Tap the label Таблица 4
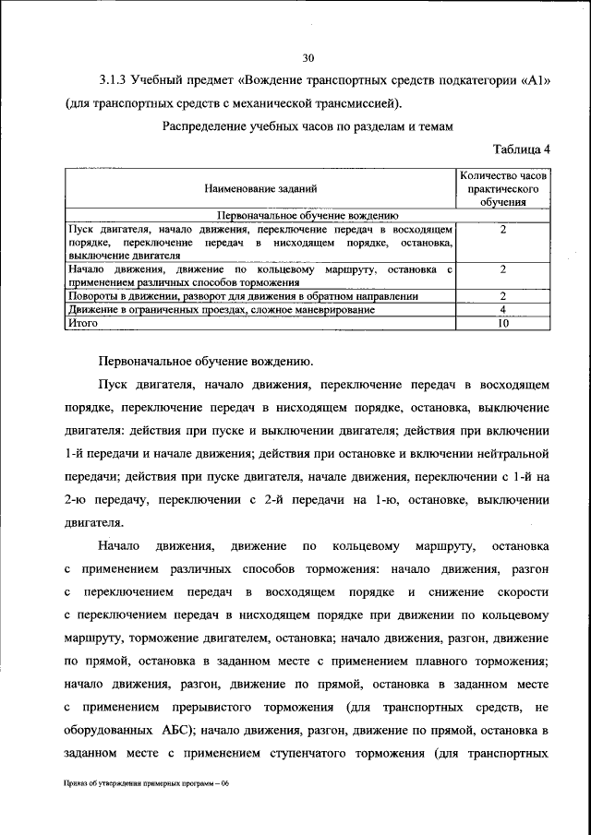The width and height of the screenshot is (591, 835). pyautogui.click(x=522, y=149)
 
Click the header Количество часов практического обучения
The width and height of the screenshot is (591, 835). pyautogui.click(x=503, y=188)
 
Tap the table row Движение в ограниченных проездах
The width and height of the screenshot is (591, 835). pyautogui.click(x=222, y=310)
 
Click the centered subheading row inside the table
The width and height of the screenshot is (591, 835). pyautogui.click(x=261, y=212)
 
